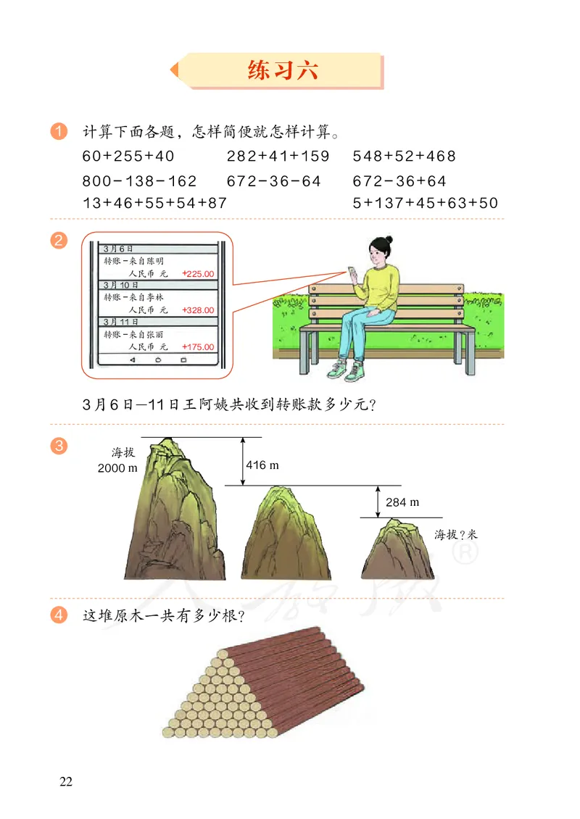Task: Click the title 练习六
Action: pos(282,71)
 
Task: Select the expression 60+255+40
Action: pos(128,157)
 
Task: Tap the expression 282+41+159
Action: pos(278,157)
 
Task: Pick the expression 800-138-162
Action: pos(139,181)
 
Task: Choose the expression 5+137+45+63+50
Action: pos(426,204)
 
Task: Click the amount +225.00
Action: pos(199,274)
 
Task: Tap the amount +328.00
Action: pos(199,310)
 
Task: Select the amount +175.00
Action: pos(199,346)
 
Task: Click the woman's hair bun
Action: pos(389,239)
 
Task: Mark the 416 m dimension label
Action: pos(262,465)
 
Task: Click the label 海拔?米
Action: pos(457,535)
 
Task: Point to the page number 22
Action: pos(66,781)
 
